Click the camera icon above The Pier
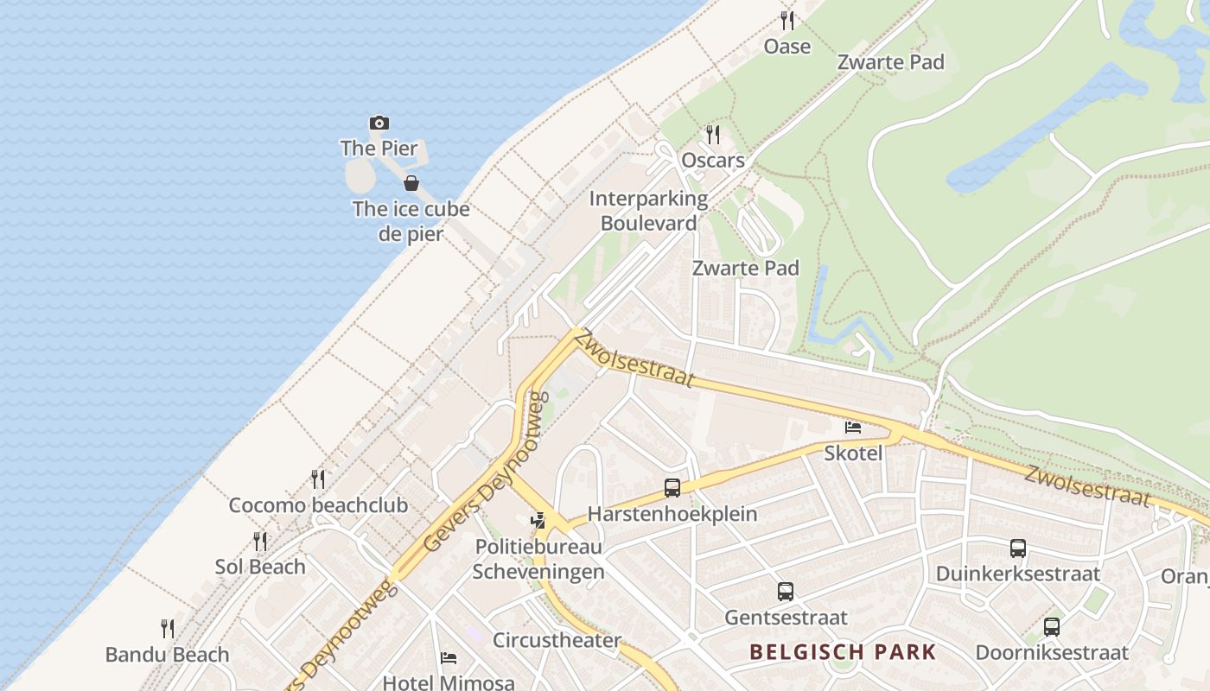(x=379, y=124)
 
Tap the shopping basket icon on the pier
(x=411, y=183)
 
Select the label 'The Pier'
(x=379, y=149)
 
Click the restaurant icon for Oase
(x=786, y=21)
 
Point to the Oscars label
(x=713, y=161)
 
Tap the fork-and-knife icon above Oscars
(x=712, y=135)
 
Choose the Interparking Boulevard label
(x=648, y=211)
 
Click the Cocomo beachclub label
(x=318, y=505)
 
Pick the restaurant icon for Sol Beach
(x=260, y=542)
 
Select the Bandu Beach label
(x=168, y=655)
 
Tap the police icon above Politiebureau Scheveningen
(x=538, y=521)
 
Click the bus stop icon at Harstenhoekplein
(x=672, y=488)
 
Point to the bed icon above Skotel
(x=853, y=427)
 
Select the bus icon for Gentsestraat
(x=786, y=592)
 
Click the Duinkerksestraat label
(x=1018, y=574)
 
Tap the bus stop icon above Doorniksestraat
(x=1052, y=627)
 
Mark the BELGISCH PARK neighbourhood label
(x=843, y=651)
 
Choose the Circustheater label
(x=557, y=641)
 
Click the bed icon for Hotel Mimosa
(x=448, y=658)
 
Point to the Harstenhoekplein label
(x=672, y=514)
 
